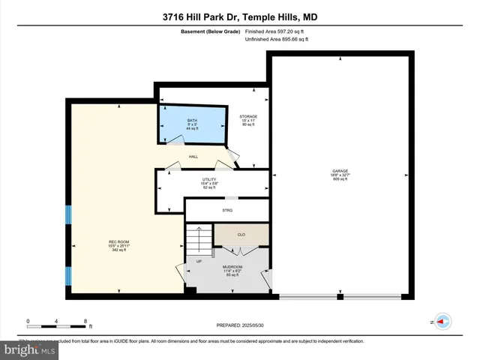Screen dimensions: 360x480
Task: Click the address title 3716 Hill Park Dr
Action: (x=240, y=16)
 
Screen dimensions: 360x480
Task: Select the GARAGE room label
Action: (x=340, y=171)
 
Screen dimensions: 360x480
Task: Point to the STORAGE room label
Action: (x=249, y=117)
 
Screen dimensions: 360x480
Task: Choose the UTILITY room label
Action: (x=210, y=180)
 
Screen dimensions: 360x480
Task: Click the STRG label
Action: (x=227, y=211)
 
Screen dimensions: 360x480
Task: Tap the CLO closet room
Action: (x=241, y=235)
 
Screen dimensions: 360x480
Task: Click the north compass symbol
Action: (x=441, y=321)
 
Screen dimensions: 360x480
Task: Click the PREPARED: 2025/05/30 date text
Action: (x=241, y=325)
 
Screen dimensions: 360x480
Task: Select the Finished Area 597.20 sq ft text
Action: (x=275, y=31)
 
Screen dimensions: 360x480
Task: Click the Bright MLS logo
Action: (x=30, y=349)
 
